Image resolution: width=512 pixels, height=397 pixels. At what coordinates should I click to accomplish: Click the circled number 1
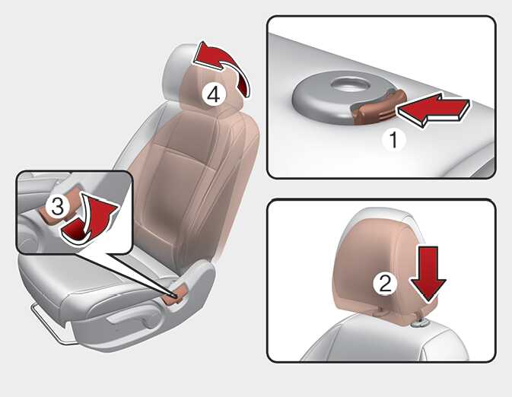[394, 140]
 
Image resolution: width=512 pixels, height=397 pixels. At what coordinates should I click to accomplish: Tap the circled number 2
[385, 284]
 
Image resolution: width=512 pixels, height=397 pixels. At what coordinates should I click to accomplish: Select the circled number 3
[58, 207]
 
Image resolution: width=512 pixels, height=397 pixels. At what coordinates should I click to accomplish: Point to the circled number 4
[214, 95]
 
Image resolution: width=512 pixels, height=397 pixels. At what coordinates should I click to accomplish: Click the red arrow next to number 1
[433, 110]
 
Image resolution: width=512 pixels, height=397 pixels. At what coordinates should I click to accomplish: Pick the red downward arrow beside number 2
[428, 275]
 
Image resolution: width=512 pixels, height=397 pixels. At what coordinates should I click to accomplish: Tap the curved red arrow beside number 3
[90, 219]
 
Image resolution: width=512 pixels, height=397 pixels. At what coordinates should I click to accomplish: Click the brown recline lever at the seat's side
[176, 294]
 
